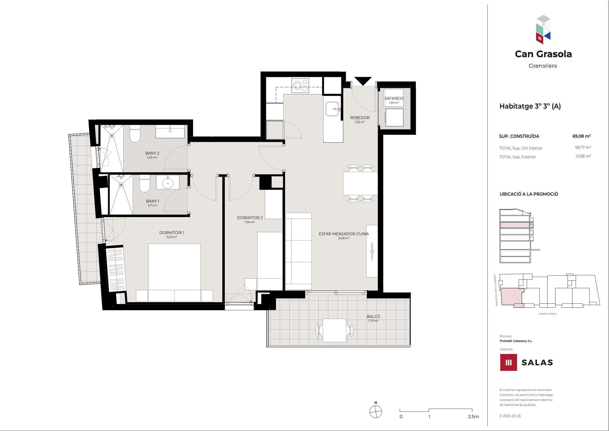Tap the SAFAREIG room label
click(394, 98)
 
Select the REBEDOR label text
click(360, 118)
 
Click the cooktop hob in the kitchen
click(301, 85)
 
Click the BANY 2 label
click(152, 153)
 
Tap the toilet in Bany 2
click(135, 133)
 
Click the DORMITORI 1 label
click(172, 233)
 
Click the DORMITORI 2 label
click(250, 218)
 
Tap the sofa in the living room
click(298, 251)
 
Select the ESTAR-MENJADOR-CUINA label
click(344, 234)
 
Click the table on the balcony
click(334, 330)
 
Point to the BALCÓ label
click(373, 317)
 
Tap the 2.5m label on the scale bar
click(474, 417)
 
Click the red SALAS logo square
click(508, 362)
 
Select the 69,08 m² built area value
click(582, 136)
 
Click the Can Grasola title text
click(543, 54)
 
